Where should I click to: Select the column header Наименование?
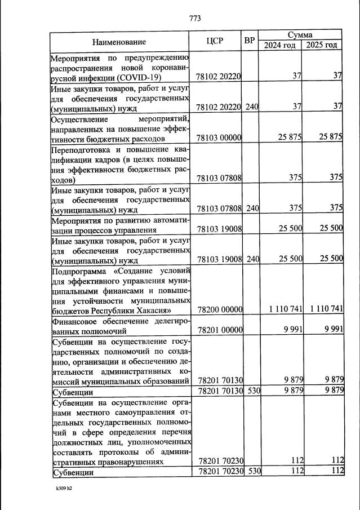pos(119,42)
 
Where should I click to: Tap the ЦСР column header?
pos(216,41)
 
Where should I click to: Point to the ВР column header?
pos(250,41)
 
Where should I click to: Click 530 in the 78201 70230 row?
pos(252,472)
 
